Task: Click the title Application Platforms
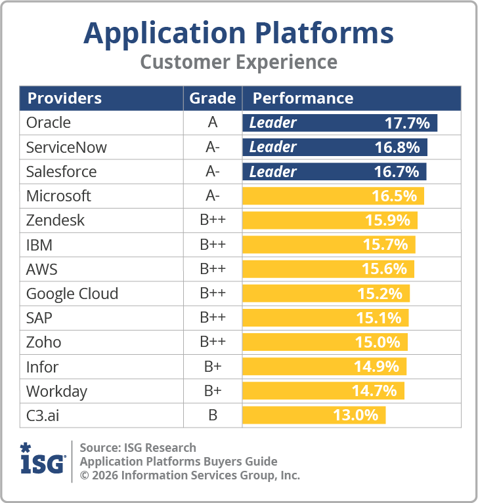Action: tap(238, 33)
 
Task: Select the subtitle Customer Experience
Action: tap(238, 62)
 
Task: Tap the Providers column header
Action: tap(64, 98)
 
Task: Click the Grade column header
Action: tap(212, 98)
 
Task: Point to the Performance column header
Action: tap(303, 98)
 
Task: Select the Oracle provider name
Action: tap(49, 123)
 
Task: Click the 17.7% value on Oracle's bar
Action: tap(407, 123)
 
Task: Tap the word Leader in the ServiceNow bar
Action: tap(273, 147)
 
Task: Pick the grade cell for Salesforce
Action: tap(212, 172)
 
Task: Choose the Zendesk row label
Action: tap(55, 220)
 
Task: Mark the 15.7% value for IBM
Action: tap(385, 245)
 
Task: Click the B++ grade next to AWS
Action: tap(212, 270)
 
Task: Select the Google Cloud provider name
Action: tap(72, 294)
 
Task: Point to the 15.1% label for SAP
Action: tap(379, 318)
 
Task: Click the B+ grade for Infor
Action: tap(212, 367)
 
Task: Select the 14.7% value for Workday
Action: tap(374, 391)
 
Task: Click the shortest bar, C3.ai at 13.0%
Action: tap(314, 415)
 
